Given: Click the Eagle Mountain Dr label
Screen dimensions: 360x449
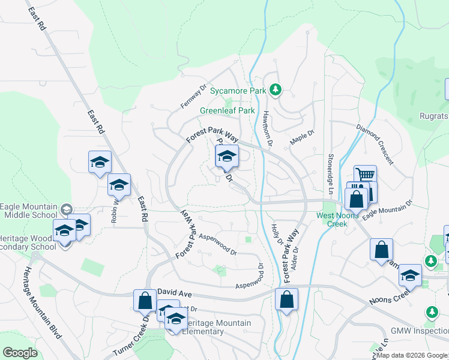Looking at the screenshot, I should [388, 208].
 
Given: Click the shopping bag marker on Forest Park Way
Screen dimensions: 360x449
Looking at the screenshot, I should [287, 298].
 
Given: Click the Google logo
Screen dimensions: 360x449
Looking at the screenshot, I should [20, 353].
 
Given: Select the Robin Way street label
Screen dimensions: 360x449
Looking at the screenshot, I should [114, 208].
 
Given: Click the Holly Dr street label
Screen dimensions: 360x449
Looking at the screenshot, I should [277, 233].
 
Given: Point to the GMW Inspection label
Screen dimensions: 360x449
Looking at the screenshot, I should [419, 331].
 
